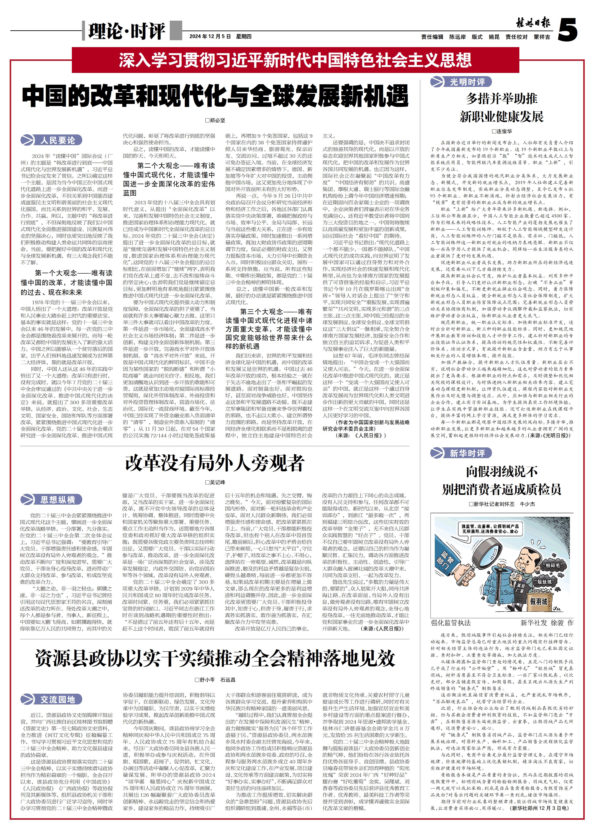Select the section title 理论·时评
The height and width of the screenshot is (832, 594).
click(126, 31)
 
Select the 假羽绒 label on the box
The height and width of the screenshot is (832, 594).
click(539, 601)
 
